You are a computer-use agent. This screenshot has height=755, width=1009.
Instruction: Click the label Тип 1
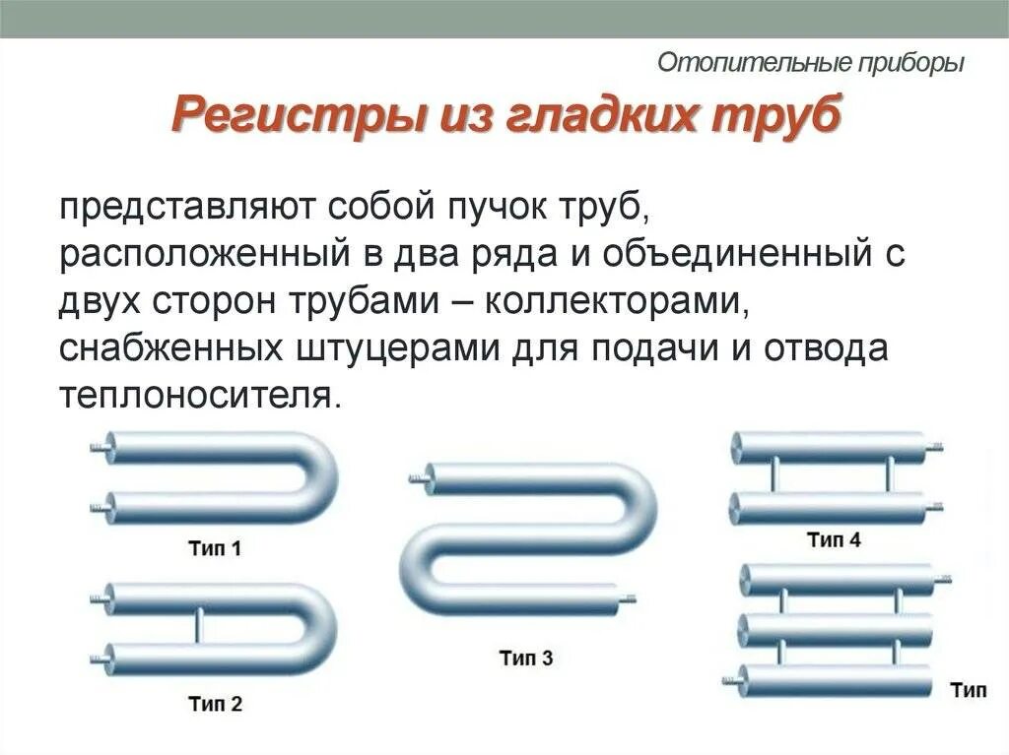(x=214, y=549)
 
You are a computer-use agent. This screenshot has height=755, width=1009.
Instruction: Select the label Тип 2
(x=214, y=704)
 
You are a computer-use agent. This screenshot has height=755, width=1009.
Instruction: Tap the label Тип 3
(x=525, y=659)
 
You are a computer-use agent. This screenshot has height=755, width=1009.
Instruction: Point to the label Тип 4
(x=834, y=539)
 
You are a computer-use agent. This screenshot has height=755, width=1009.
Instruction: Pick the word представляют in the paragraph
(x=186, y=208)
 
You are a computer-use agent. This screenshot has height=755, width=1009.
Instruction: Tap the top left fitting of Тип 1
(x=99, y=447)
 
